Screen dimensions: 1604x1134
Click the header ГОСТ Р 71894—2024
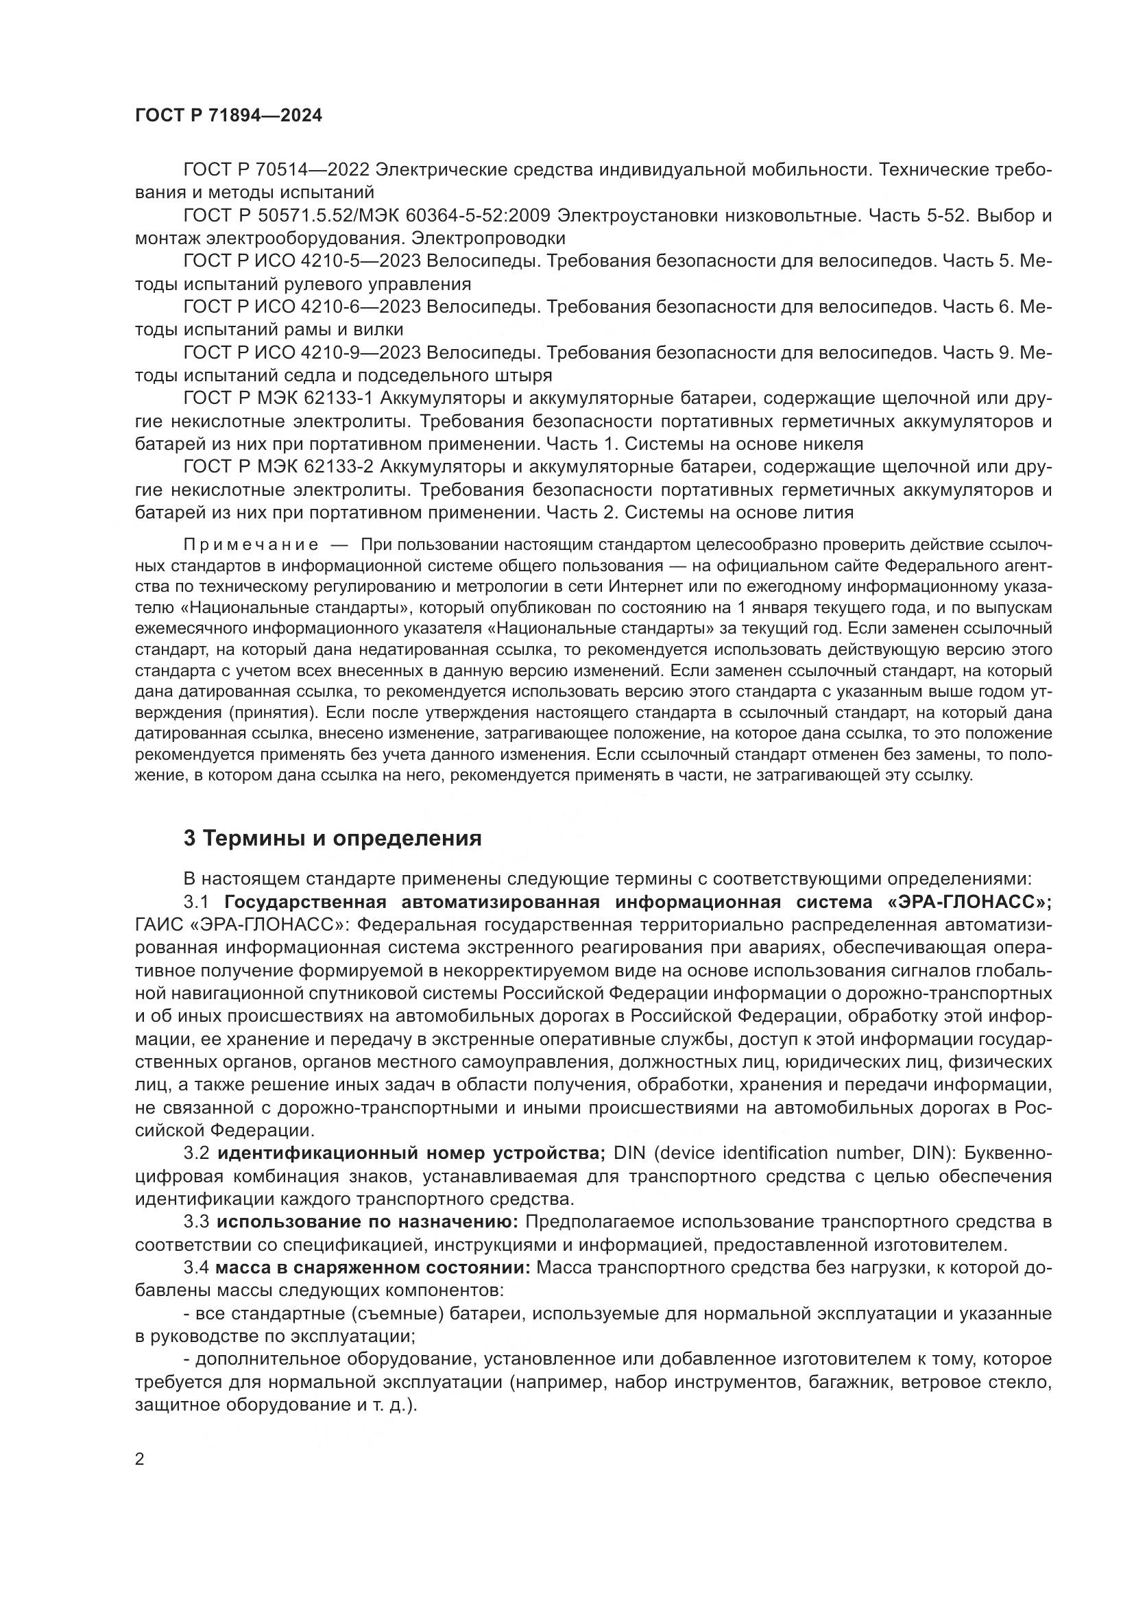pos(228,116)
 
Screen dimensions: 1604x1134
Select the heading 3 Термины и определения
pos(333,838)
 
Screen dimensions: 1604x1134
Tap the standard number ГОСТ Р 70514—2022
pos(276,170)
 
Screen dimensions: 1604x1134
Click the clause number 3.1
pos(197,902)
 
